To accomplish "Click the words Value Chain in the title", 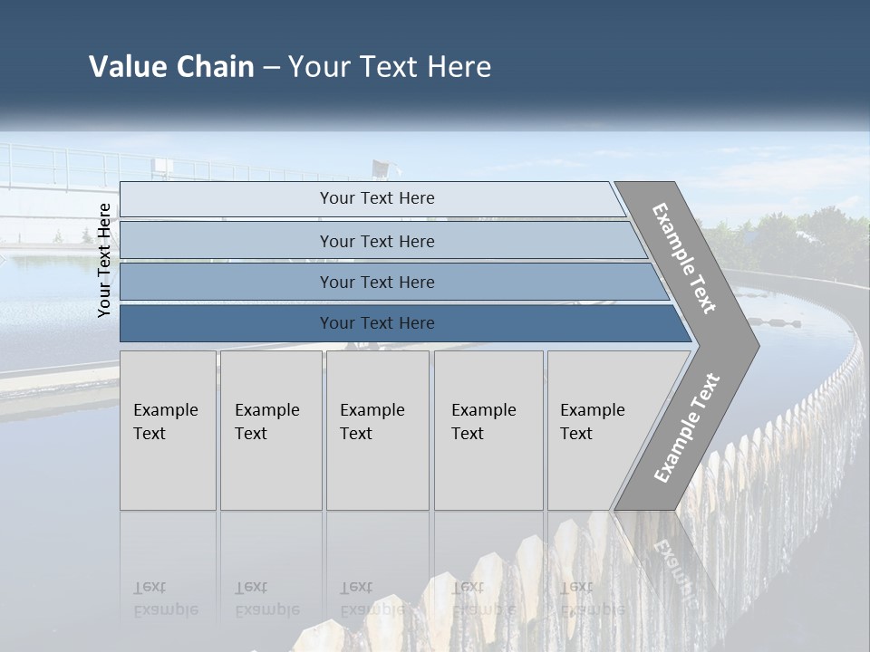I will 171,67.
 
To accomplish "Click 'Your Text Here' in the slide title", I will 390,67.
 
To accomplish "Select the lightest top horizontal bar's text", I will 377,198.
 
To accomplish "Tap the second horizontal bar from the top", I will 377,241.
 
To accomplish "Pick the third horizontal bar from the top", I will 377,282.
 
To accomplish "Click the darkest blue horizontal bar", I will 377,323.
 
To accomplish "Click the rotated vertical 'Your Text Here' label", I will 105,260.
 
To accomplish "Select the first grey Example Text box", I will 168,429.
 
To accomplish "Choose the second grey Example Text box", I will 270,429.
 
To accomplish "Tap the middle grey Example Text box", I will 377,429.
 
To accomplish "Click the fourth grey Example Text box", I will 488,429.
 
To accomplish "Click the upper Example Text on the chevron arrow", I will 684,258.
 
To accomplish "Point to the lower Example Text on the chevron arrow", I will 686,427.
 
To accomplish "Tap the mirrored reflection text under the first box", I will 165,599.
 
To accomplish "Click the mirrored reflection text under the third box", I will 372,599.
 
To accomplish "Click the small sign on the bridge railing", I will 163,167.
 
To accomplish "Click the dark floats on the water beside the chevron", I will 779,321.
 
